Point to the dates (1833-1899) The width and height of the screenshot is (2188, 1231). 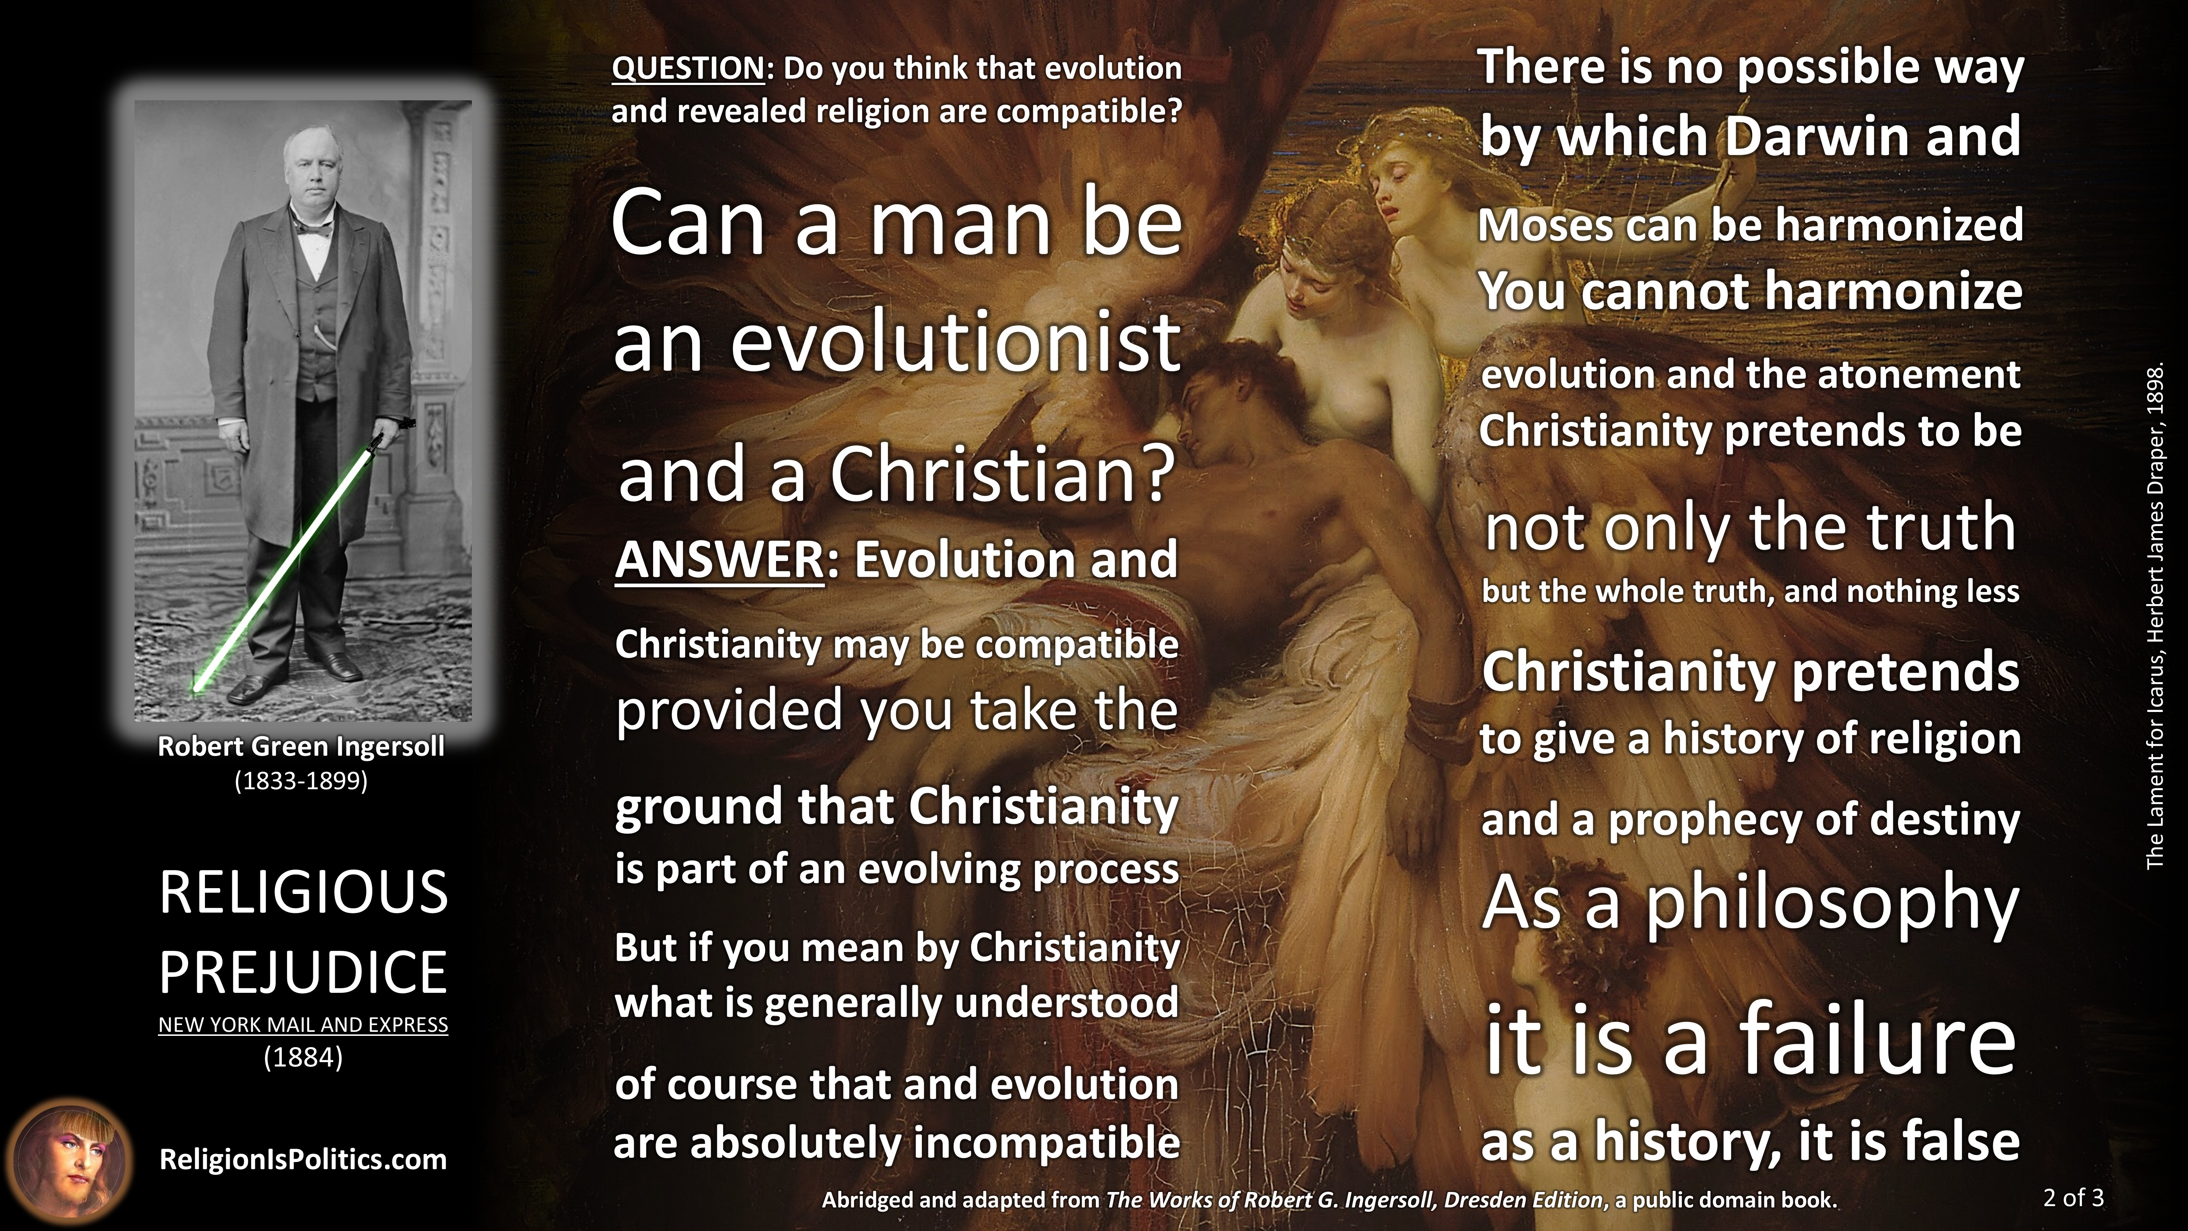[x=302, y=781]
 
